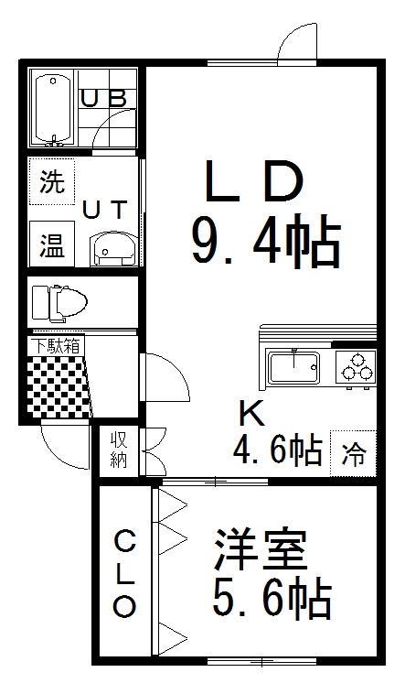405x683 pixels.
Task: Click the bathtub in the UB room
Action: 54,109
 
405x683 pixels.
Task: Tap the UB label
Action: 105,99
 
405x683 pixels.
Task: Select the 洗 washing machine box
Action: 52,181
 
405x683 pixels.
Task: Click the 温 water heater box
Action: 52,244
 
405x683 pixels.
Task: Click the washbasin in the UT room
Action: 113,249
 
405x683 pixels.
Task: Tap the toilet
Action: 59,301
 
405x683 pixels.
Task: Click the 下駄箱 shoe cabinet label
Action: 57,346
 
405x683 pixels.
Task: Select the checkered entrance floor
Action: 59,386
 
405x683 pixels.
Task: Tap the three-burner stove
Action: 356,368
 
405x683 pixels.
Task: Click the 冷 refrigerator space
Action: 353,453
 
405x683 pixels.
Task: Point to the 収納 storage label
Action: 118,450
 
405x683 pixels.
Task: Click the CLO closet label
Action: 124,573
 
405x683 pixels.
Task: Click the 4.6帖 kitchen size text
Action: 278,450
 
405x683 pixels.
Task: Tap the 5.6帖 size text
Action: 272,598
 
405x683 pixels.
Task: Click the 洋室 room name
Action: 261,549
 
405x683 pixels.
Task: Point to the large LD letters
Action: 254,181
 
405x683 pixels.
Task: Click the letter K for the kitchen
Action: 252,413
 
